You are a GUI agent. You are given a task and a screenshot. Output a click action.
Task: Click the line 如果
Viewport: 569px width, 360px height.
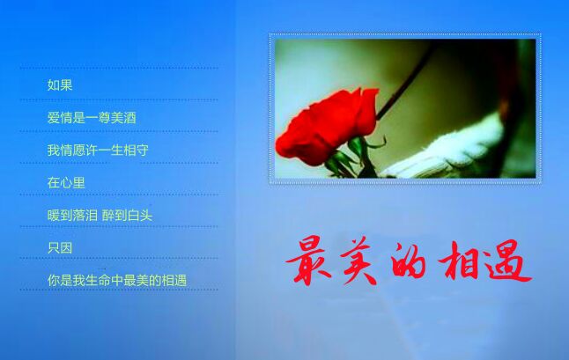60,85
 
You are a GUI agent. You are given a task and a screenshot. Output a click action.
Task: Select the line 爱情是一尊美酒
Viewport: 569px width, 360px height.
92,117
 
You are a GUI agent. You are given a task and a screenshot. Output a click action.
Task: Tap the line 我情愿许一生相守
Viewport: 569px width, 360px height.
98,150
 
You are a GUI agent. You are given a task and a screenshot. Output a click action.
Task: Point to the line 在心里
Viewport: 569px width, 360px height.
66,182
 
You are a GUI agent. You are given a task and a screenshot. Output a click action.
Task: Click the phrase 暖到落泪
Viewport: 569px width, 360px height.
72,216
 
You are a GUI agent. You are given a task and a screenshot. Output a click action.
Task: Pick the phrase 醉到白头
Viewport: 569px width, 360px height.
127,216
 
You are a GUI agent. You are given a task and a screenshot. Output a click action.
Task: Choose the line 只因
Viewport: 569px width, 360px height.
60,248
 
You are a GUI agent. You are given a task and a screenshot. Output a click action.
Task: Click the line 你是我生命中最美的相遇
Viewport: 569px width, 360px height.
117,280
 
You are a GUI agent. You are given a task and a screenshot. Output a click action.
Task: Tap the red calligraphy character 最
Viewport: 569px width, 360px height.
308,260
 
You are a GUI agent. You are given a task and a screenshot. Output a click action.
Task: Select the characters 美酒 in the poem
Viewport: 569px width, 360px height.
123,117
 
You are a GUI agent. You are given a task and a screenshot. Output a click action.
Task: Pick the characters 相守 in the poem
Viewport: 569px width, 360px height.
136,150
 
